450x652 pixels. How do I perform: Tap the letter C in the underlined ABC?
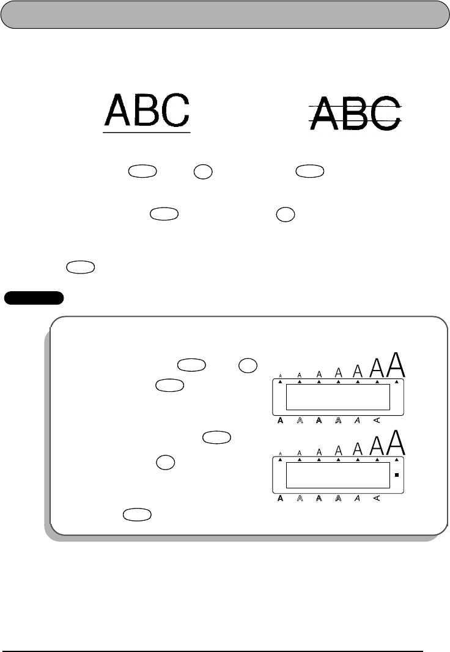point(175,110)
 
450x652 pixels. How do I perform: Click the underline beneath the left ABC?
point(147,131)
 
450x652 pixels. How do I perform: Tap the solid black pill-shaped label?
point(34,298)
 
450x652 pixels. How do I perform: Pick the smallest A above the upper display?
point(280,376)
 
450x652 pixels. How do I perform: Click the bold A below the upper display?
point(280,421)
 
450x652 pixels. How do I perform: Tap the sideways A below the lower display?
point(377,498)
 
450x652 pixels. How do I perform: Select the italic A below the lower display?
point(358,498)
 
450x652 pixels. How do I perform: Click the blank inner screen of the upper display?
point(338,397)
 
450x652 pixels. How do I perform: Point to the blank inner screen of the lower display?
point(338,474)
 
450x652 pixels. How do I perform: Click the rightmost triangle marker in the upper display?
point(397,382)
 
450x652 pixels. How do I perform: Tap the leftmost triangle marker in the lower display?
point(280,459)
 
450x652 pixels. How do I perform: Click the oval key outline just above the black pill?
point(80,268)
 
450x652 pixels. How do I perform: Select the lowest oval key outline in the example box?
point(137,516)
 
